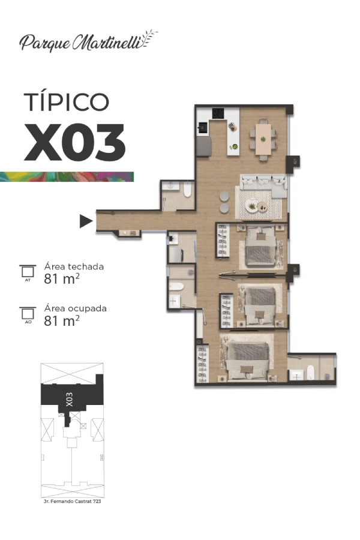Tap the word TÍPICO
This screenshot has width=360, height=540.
[x=67, y=101]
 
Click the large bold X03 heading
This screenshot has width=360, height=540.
[x=74, y=143]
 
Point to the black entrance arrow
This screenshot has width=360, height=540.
[x=86, y=221]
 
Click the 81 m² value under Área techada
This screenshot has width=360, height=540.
[x=62, y=278]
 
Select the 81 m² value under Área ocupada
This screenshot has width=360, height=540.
[x=62, y=320]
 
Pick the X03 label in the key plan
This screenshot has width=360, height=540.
[x=70, y=400]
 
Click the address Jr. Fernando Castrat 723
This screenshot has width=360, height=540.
[x=73, y=502]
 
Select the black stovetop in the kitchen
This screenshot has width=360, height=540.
[x=218, y=113]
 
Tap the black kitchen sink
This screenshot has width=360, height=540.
[x=203, y=128]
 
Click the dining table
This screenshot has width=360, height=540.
[x=263, y=139]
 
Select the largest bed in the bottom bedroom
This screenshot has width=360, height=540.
[x=248, y=360]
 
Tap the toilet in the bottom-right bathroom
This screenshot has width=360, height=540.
[x=310, y=373]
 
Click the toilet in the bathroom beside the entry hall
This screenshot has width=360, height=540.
[x=187, y=190]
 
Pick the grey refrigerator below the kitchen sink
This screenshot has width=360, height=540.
[x=203, y=146]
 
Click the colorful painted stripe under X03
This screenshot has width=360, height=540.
[x=67, y=176]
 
